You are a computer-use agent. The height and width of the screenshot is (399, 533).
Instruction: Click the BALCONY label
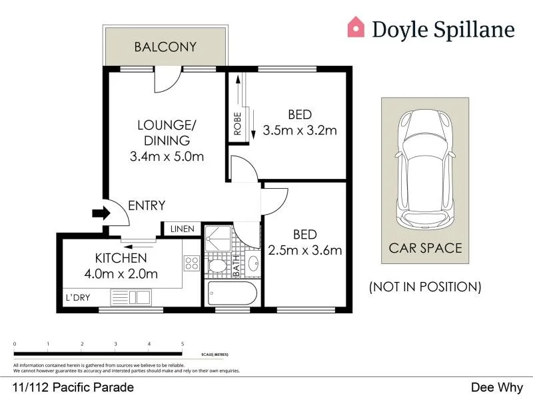(x=165, y=47)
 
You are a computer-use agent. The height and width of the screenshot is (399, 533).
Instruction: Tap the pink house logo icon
(x=356, y=27)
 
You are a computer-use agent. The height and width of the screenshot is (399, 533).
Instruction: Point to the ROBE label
(x=238, y=123)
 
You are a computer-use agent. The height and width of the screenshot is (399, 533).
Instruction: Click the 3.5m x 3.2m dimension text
(x=300, y=130)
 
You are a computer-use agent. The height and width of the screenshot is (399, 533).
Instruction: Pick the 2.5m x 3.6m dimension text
(x=304, y=251)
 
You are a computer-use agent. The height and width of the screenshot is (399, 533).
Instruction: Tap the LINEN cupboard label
(x=182, y=229)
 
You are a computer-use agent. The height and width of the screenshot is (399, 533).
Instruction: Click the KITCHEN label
(x=121, y=257)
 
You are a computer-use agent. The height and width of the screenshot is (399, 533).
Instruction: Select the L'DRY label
(x=77, y=297)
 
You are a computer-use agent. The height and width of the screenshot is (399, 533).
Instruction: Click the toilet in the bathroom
(x=217, y=266)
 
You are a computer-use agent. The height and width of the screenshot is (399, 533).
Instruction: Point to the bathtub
(x=231, y=293)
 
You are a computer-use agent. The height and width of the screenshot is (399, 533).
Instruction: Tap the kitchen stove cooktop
(x=191, y=264)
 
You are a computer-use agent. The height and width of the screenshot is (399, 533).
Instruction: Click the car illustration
(x=425, y=170)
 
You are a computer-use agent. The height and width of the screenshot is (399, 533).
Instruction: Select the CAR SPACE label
(x=425, y=248)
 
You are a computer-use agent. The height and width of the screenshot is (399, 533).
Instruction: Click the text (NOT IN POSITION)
(x=425, y=287)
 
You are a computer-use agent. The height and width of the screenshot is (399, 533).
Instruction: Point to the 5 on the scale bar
(x=183, y=344)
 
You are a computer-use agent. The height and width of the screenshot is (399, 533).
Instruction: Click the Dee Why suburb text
(x=497, y=387)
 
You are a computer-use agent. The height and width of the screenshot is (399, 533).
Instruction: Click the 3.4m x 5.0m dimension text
(x=167, y=157)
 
